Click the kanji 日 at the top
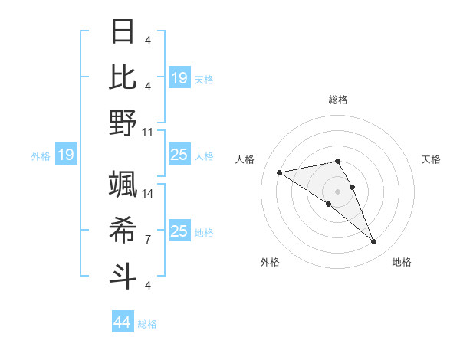coord(123,32)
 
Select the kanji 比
coord(123,77)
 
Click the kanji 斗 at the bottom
coord(123,274)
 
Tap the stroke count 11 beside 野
coord(148,132)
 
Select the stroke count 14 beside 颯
coord(148,195)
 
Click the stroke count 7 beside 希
coord(147,240)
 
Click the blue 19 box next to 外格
coord(65,155)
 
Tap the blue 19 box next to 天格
coord(179,78)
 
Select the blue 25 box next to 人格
coord(179,155)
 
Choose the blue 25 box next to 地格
coord(179,231)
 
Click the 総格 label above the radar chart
coord(338,100)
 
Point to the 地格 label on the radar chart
coord(402,262)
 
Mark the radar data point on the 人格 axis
coord(280,172)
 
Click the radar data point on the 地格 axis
coord(373,242)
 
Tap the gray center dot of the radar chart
coord(337,191)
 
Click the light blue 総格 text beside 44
coord(147,324)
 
